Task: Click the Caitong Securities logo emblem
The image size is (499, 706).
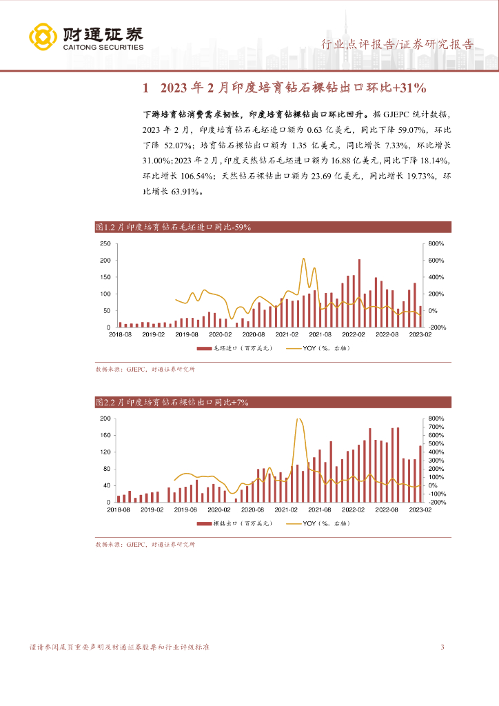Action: (43, 37)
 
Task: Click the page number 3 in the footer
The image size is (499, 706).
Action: (442, 647)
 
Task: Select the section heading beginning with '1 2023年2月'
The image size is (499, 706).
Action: (285, 88)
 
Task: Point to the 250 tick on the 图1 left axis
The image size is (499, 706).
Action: (105, 244)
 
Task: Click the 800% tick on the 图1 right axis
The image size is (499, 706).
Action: (436, 244)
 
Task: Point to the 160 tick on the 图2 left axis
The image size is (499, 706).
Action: (105, 435)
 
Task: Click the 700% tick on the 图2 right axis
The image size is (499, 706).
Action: (436, 427)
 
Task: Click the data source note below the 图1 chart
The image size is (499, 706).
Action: (145, 370)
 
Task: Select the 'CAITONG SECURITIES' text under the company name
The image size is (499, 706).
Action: (103, 48)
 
